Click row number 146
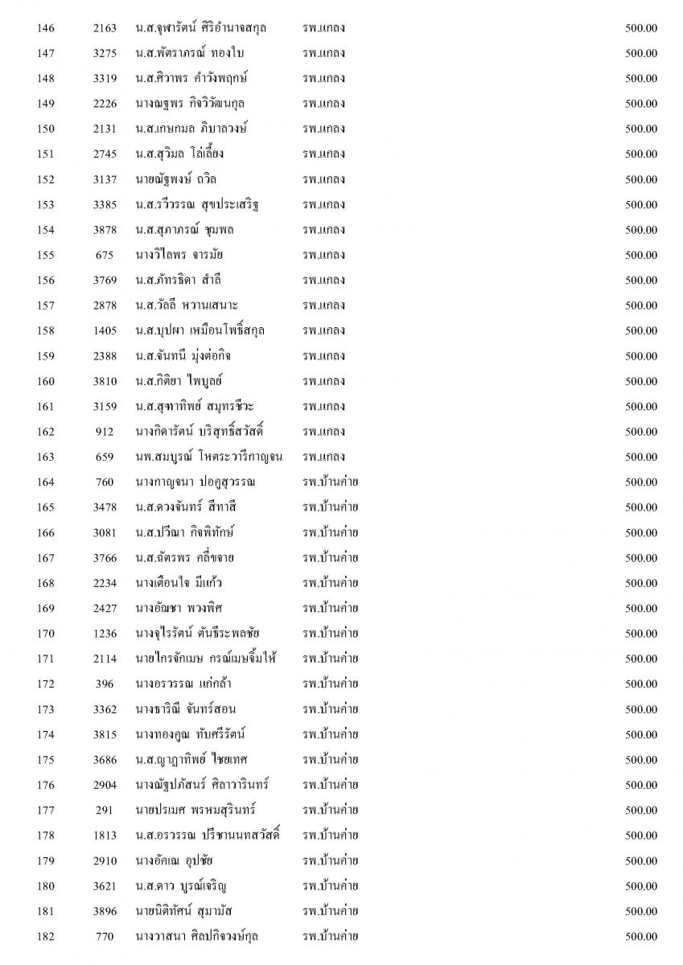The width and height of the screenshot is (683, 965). (46, 28)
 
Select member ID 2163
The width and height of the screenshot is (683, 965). (105, 28)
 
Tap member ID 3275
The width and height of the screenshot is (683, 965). (105, 54)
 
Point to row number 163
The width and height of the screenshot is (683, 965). (46, 457)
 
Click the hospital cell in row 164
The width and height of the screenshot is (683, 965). (330, 482)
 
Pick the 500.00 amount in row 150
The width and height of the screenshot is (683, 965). (641, 129)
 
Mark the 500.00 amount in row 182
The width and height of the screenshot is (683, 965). (641, 936)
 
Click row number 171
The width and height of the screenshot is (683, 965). (46, 659)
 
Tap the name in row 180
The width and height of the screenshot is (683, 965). (182, 885)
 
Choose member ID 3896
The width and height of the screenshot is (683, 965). (105, 910)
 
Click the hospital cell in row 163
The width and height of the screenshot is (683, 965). (323, 457)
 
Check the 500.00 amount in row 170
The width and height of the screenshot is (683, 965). (641, 633)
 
